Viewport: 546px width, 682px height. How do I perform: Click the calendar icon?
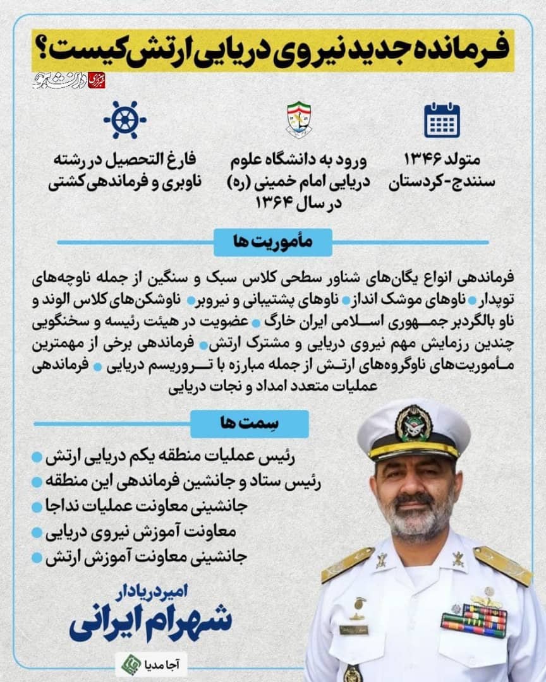click(442, 120)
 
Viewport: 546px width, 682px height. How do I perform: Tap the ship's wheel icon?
click(124, 119)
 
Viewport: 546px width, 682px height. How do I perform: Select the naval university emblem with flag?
click(299, 119)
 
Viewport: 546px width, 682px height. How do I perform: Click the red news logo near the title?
click(96, 80)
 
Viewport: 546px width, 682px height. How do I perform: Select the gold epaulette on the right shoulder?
click(502, 565)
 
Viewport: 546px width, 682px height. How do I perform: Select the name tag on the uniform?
click(353, 630)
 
